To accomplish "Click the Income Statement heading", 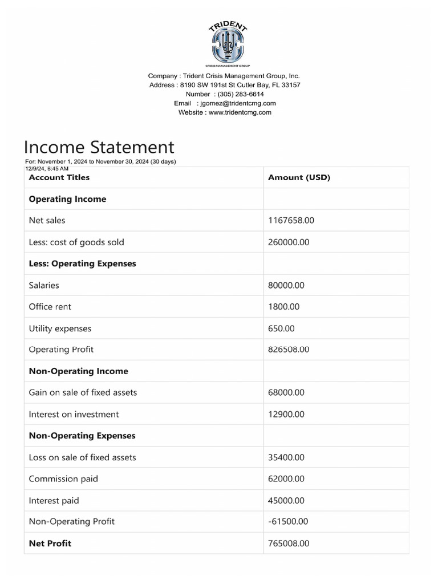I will click(99, 147).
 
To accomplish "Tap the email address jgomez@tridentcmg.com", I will click(236, 103).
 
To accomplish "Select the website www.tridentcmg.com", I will click(240, 112).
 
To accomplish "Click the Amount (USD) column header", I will click(299, 177).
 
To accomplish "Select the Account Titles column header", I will click(59, 177).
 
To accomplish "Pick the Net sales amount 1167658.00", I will click(291, 220).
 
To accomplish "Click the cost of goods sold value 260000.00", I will click(289, 242).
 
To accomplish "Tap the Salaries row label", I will click(44, 285).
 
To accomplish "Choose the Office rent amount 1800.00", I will click(283, 307).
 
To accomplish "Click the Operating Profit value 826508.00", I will click(289, 349).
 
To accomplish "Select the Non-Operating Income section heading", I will click(78, 371).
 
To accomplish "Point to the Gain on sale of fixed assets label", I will click(83, 392).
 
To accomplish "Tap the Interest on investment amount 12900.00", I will click(286, 414).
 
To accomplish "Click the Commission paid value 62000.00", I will click(286, 479).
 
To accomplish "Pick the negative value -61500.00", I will click(288, 521).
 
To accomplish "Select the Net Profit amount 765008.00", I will click(289, 544).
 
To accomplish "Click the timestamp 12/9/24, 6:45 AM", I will click(47, 169).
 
